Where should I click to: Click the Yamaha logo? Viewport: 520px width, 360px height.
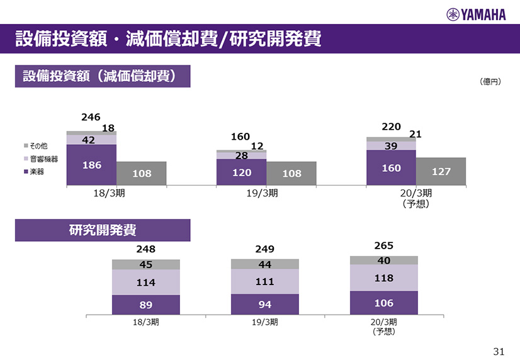point(476,14)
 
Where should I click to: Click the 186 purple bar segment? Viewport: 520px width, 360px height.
point(91,165)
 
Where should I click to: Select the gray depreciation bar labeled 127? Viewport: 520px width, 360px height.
point(441,171)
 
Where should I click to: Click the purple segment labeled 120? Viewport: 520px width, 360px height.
point(241,172)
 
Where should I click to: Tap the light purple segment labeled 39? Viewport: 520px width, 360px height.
point(391,145)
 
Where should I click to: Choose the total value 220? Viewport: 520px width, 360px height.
point(392,127)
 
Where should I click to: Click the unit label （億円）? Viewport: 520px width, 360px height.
point(490,81)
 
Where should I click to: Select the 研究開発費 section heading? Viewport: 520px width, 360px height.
point(103,230)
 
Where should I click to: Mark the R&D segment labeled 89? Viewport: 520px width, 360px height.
point(145,304)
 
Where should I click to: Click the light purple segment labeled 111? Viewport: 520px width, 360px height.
point(264,281)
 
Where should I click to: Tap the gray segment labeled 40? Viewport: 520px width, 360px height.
point(383,260)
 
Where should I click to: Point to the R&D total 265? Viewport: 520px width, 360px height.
point(384,245)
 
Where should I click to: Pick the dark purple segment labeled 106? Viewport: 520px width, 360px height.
point(383,303)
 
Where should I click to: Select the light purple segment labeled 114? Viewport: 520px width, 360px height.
point(145,282)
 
